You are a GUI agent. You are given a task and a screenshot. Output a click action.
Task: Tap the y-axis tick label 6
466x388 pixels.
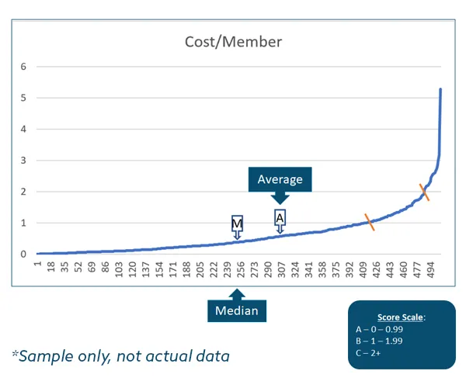click(x=23, y=67)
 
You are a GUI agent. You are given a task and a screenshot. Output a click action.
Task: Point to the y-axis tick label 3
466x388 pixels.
click(x=23, y=161)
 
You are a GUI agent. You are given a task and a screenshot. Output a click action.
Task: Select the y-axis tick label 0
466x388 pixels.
click(x=23, y=255)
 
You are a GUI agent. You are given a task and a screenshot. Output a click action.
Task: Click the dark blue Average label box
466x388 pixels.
click(x=280, y=180)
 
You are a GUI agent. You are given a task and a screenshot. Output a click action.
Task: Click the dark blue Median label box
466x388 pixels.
click(x=238, y=311)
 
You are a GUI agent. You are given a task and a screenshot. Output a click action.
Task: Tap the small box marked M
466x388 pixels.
click(x=238, y=224)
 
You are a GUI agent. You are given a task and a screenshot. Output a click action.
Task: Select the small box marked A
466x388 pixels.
click(x=280, y=218)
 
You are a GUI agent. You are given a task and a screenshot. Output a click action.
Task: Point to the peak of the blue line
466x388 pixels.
click(x=440, y=89)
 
